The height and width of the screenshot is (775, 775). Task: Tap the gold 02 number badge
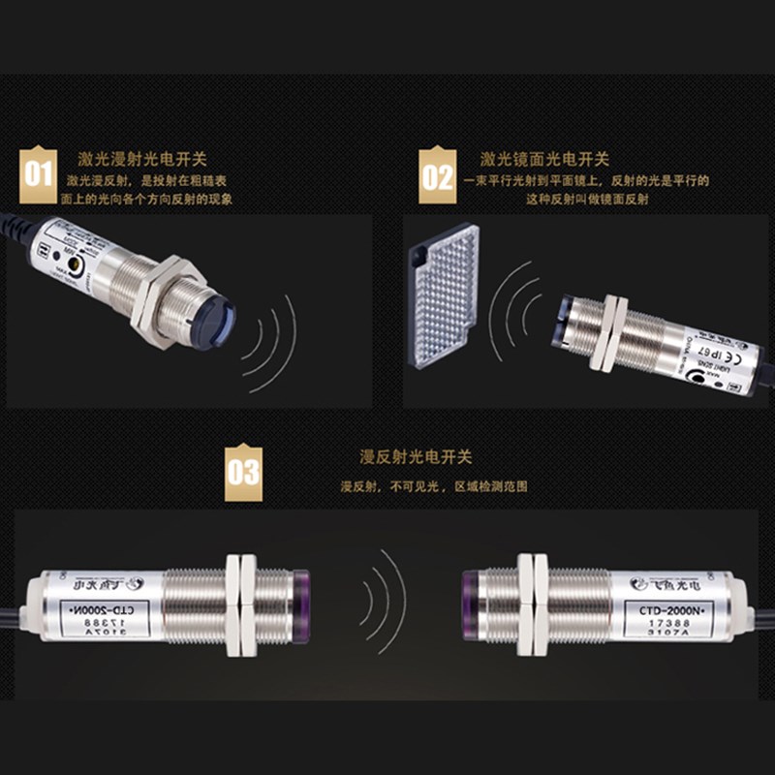[x=437, y=175]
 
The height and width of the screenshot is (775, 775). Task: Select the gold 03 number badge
[x=243, y=472]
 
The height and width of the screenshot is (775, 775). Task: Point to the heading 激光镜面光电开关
[x=543, y=159]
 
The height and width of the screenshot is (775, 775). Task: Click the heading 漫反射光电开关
[x=415, y=456]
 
